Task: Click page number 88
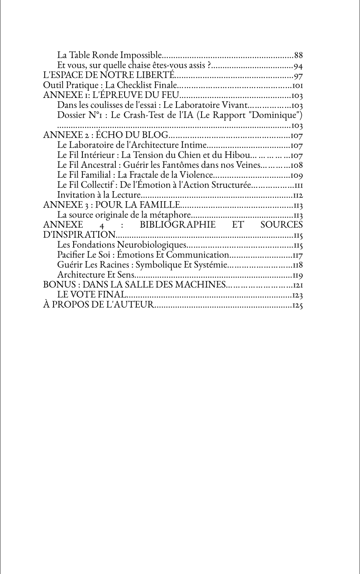(298, 55)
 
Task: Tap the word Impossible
(141, 55)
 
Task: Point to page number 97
(298, 76)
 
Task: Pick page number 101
(297, 86)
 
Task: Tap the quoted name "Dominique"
(274, 115)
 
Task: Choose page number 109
(297, 176)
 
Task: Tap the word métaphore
(171, 215)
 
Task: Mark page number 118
(297, 265)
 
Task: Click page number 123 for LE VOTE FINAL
(297, 295)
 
